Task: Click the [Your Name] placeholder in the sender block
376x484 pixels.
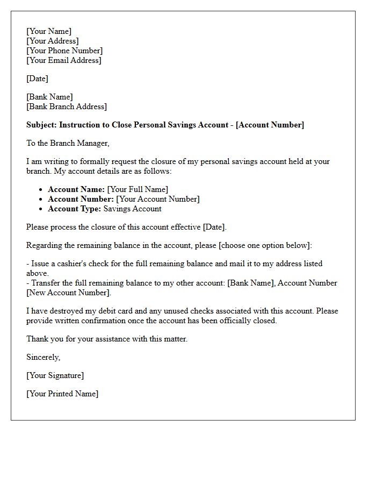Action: coord(49,31)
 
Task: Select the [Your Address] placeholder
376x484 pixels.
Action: coord(53,41)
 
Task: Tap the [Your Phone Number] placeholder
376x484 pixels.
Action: coord(64,51)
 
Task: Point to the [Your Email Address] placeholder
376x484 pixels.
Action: coord(63,60)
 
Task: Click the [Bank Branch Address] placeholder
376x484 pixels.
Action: coord(67,106)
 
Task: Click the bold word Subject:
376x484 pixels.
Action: coord(41,125)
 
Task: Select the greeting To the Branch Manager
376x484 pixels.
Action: coord(68,143)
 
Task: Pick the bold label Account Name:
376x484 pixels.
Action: coord(76,189)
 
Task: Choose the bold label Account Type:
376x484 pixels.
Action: coord(75,209)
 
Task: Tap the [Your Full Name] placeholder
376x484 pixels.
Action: coord(138,189)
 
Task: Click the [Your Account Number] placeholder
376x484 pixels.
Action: coord(158,199)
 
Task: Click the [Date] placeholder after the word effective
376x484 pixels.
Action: coord(214,227)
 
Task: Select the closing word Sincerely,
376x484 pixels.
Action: coord(44,357)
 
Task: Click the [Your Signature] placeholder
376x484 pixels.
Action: coord(55,375)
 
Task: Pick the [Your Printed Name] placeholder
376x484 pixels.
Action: coord(62,394)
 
